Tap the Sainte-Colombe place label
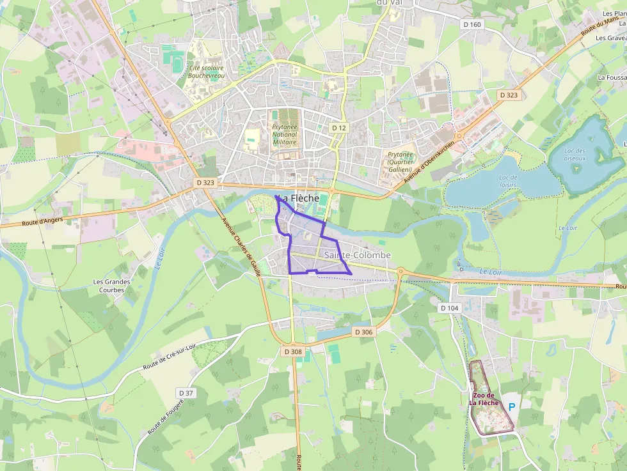[357, 256]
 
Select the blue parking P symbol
[512, 406]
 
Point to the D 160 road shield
[472, 25]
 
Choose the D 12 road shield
[338, 128]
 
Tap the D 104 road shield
[450, 308]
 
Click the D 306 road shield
[363, 332]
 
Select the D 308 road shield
[292, 351]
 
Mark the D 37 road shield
[186, 392]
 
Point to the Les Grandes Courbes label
[111, 286]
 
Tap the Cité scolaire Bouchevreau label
[207, 71]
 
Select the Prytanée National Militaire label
[285, 135]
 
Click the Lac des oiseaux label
[575, 155]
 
